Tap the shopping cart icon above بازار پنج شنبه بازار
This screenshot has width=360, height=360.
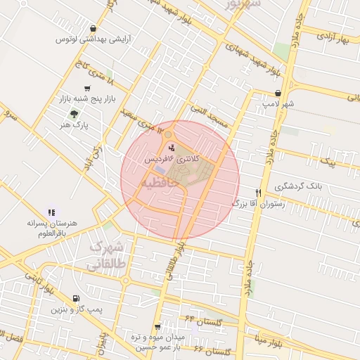click(86, 89)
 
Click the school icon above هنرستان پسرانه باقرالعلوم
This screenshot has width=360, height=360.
click(51, 212)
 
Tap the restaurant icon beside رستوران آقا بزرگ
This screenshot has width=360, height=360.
click(259, 193)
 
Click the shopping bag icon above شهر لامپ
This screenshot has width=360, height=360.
click(278, 93)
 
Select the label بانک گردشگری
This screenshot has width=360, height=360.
click(300, 186)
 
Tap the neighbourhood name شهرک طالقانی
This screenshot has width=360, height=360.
click(107, 256)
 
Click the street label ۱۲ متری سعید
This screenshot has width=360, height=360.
click(145, 122)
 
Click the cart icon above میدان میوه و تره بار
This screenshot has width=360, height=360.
click(158, 327)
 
